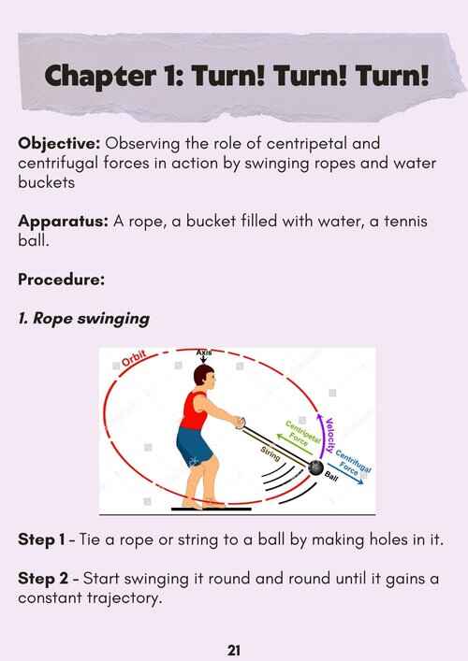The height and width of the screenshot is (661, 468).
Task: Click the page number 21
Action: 234,650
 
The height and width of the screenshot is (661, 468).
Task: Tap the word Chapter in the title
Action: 100,76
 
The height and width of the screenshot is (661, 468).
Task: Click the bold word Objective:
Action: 59,144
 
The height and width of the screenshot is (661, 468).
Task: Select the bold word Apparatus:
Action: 64,222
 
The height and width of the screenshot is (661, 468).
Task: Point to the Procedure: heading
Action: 61,279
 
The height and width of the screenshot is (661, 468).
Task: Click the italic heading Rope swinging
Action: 91,319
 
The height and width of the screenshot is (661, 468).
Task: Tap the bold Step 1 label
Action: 41,539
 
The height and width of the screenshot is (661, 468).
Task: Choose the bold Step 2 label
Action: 43,579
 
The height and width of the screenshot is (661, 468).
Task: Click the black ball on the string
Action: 315,467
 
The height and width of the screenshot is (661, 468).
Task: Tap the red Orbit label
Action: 133,358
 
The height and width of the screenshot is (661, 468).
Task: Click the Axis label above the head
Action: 204,352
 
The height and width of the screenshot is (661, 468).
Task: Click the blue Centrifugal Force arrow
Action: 346,473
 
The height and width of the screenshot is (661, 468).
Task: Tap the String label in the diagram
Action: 271,453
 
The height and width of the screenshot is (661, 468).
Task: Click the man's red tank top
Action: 194,410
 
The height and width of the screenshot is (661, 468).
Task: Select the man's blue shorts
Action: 194,447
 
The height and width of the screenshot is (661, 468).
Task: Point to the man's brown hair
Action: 202,374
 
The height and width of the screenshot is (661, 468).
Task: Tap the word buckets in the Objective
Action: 47,182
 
